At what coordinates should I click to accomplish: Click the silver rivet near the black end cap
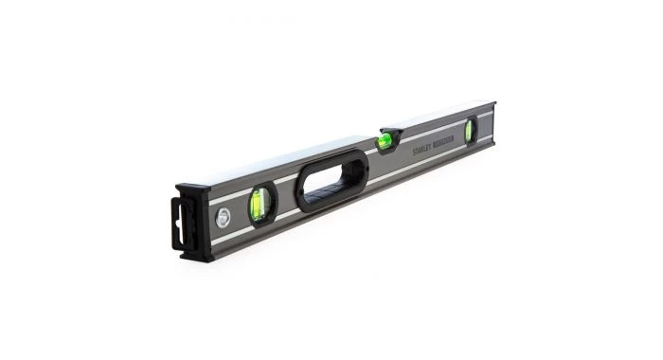point(222,217)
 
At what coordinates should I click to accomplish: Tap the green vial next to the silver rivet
point(257,203)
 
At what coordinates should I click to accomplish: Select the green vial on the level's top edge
point(385,142)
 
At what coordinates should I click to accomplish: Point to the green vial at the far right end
point(469,131)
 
